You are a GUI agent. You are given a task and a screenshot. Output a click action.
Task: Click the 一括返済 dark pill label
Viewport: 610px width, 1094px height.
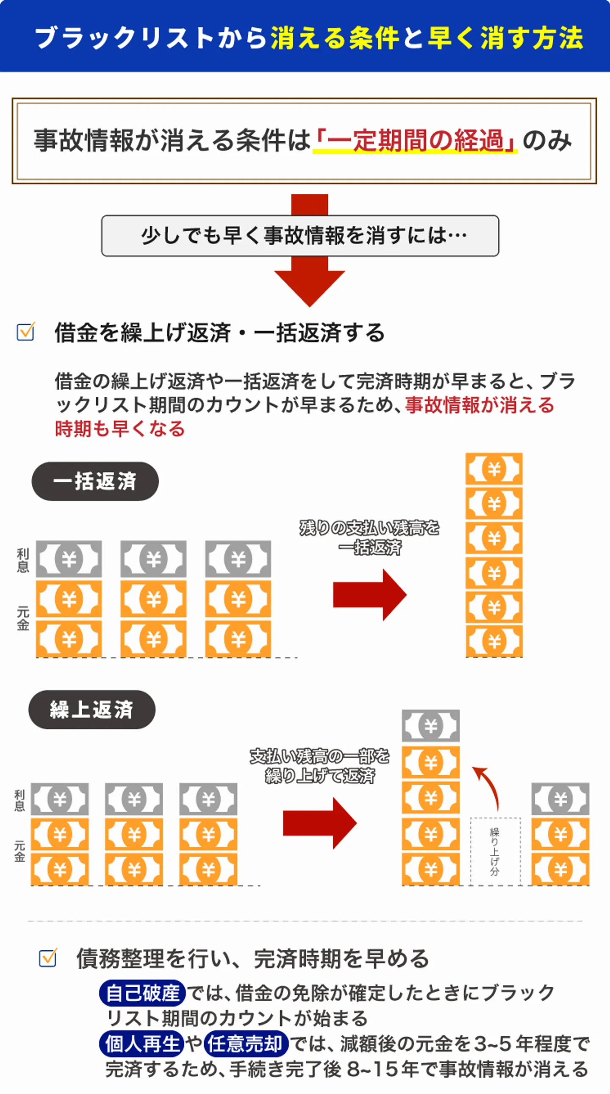[x=95, y=481]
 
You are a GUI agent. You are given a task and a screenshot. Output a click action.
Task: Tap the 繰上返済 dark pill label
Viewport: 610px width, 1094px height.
[x=91, y=710]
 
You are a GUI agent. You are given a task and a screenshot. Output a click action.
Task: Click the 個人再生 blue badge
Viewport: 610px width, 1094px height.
[x=142, y=1044]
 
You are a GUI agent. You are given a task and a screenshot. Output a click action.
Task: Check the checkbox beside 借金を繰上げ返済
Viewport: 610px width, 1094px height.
[x=25, y=332]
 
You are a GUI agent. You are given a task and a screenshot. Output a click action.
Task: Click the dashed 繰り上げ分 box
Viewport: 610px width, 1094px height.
[x=495, y=852]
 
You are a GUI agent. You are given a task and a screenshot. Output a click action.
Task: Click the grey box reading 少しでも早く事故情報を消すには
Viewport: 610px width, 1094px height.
[x=300, y=236]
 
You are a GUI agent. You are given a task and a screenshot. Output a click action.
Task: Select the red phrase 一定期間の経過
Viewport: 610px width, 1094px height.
[x=415, y=141]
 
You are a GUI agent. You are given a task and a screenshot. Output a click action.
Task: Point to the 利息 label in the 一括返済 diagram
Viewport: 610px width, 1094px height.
[x=23, y=560]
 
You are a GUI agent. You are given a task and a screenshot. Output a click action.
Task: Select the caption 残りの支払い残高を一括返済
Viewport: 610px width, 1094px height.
[x=369, y=537]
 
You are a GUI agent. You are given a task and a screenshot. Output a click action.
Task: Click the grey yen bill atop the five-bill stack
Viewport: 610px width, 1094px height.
[x=430, y=726]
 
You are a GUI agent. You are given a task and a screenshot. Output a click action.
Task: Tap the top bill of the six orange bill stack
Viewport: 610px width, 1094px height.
[x=494, y=469]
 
